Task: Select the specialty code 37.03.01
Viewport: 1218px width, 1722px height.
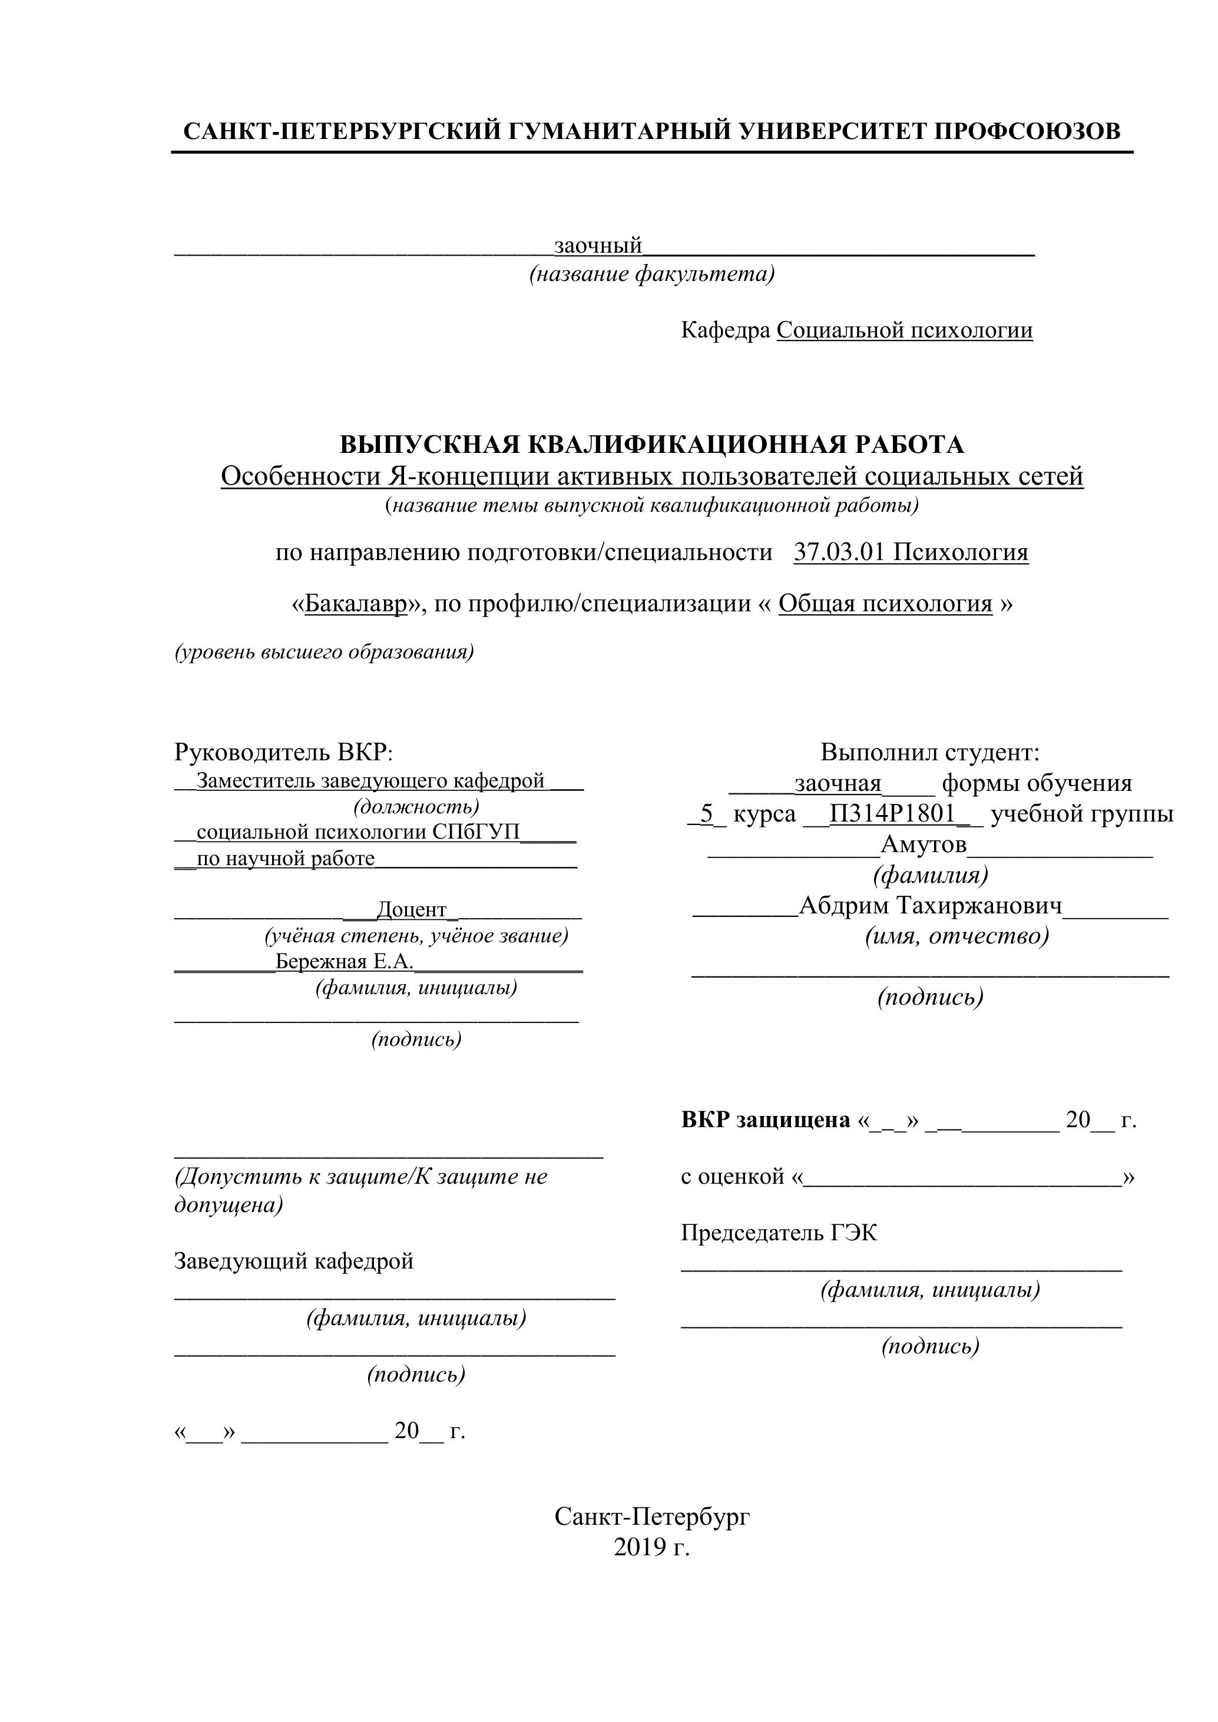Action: click(840, 553)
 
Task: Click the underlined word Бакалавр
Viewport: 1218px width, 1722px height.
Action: click(356, 604)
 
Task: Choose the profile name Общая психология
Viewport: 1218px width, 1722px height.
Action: click(885, 604)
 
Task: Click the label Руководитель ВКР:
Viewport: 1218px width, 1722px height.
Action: click(283, 751)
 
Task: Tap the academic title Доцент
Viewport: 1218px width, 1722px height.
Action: click(412, 910)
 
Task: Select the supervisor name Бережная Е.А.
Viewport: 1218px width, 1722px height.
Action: click(344, 962)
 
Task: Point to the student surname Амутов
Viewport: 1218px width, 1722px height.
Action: click(924, 845)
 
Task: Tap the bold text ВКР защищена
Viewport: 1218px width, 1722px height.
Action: click(765, 1121)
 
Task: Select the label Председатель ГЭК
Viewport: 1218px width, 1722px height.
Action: click(779, 1232)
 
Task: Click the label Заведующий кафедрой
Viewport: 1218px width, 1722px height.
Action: click(294, 1261)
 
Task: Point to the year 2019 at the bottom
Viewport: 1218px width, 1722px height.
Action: click(640, 1547)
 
